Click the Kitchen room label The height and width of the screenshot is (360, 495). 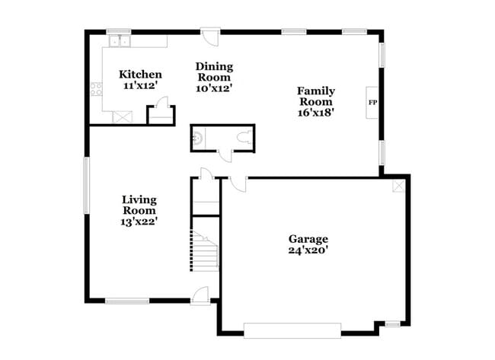coord(140,75)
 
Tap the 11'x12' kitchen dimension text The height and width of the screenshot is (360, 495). coord(140,86)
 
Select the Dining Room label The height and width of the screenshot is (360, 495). coord(214,72)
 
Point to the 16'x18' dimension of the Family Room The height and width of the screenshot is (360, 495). coord(315,112)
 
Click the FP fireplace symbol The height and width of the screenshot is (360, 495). coord(372,101)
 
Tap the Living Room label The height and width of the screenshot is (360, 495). coord(140,205)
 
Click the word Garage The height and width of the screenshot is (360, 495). coord(308,238)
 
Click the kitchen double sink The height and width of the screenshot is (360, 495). coord(119,41)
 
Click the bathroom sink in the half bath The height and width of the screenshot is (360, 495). coord(197,139)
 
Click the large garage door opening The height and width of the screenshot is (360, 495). coord(292,329)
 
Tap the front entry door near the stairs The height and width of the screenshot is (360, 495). coord(200,296)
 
